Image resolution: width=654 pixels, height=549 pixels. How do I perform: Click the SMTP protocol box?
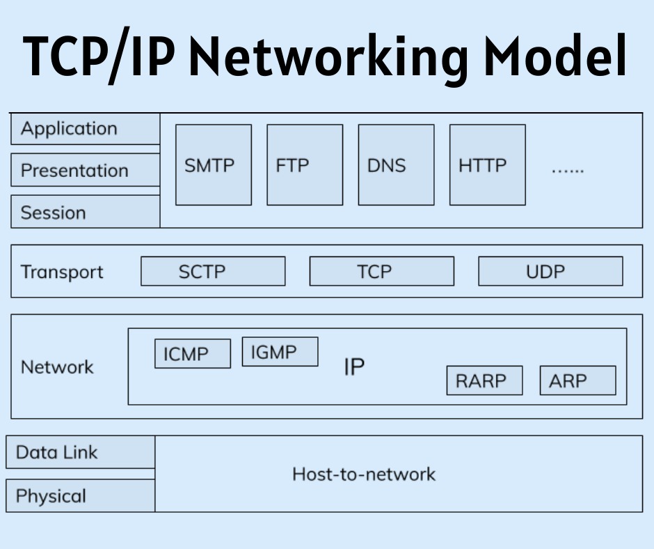click(x=213, y=165)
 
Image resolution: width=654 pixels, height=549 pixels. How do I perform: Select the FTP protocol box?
click(x=305, y=165)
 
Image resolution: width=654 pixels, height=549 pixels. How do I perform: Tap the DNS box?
click(x=396, y=165)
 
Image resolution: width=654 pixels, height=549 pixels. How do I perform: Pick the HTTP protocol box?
click(x=487, y=165)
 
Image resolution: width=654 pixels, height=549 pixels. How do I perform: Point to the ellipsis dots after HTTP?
click(x=568, y=169)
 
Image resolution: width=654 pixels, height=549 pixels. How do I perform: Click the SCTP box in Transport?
click(x=213, y=271)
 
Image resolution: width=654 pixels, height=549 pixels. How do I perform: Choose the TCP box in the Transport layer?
click(x=381, y=271)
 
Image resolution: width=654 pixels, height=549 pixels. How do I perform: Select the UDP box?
click(x=550, y=271)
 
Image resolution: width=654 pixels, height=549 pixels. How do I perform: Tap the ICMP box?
click(x=192, y=354)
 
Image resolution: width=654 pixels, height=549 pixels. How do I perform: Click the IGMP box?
click(x=280, y=352)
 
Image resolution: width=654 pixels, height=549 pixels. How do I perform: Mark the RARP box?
click(x=484, y=380)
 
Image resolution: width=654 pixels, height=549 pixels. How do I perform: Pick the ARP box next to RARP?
click(x=577, y=380)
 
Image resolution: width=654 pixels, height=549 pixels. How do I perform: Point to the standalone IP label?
click(x=354, y=367)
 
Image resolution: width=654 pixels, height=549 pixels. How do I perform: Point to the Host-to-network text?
click(x=363, y=474)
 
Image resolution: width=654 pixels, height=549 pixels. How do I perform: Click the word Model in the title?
click(x=555, y=57)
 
